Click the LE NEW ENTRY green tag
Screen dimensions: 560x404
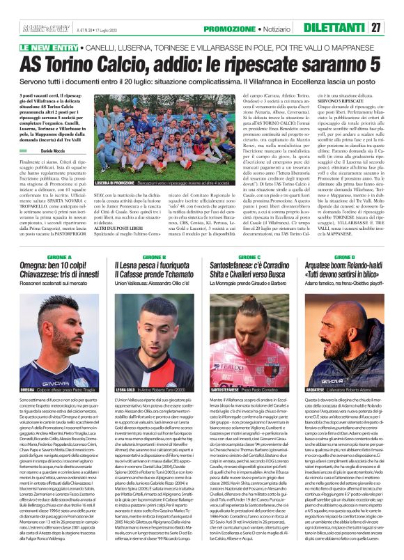[x=49, y=47]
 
